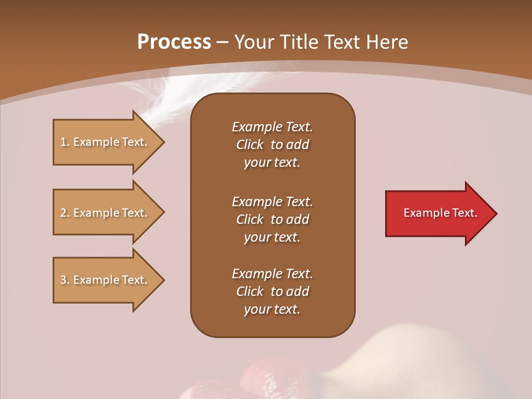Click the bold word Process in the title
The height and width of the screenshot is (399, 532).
click(x=174, y=42)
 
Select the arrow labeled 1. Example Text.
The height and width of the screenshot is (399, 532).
click(x=105, y=142)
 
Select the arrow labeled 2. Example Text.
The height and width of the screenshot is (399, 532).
click(x=105, y=213)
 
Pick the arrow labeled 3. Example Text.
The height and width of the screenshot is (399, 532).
click(x=105, y=280)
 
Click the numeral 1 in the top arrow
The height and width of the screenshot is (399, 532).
click(x=63, y=142)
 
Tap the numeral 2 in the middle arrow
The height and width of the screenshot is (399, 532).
click(x=63, y=213)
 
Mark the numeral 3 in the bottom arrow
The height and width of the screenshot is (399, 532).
click(x=63, y=280)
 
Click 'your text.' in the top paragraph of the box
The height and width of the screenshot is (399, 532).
click(x=272, y=163)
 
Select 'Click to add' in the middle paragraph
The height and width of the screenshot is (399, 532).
click(x=272, y=219)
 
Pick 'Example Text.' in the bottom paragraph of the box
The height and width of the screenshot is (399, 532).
click(x=272, y=274)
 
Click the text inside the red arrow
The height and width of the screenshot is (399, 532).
click(x=441, y=213)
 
